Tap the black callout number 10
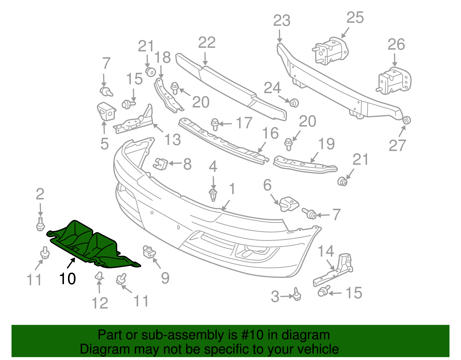[x=67, y=279]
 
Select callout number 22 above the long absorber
[x=207, y=43]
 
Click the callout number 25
[x=355, y=18]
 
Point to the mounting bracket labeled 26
[x=394, y=81]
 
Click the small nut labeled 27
[x=406, y=120]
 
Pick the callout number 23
[x=281, y=21]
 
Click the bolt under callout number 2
[x=40, y=224]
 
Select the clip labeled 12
[x=99, y=276]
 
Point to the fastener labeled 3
[x=297, y=295]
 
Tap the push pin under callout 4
[x=213, y=195]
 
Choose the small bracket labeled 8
[x=161, y=163]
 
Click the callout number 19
[x=326, y=144]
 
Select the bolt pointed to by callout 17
[x=215, y=124]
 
